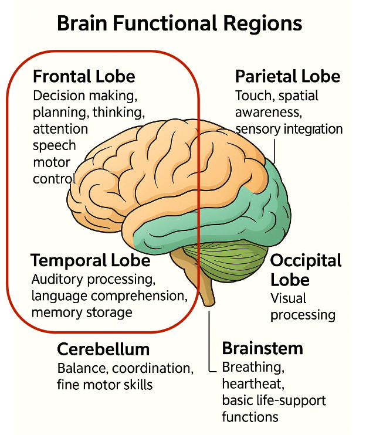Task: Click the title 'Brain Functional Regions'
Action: tap(179, 24)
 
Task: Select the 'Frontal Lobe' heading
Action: tap(84, 77)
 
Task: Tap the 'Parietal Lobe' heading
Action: tap(287, 77)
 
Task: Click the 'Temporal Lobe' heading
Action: tap(90, 260)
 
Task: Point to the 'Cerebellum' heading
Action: tap(103, 350)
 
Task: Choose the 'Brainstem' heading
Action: tap(262, 348)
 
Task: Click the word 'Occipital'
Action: tap(306, 260)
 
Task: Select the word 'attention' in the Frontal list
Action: tap(60, 129)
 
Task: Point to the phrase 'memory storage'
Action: tap(82, 312)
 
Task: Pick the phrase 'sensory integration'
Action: tap(289, 128)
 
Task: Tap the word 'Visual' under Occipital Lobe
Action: tap(289, 298)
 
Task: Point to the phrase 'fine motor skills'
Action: tap(105, 385)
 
